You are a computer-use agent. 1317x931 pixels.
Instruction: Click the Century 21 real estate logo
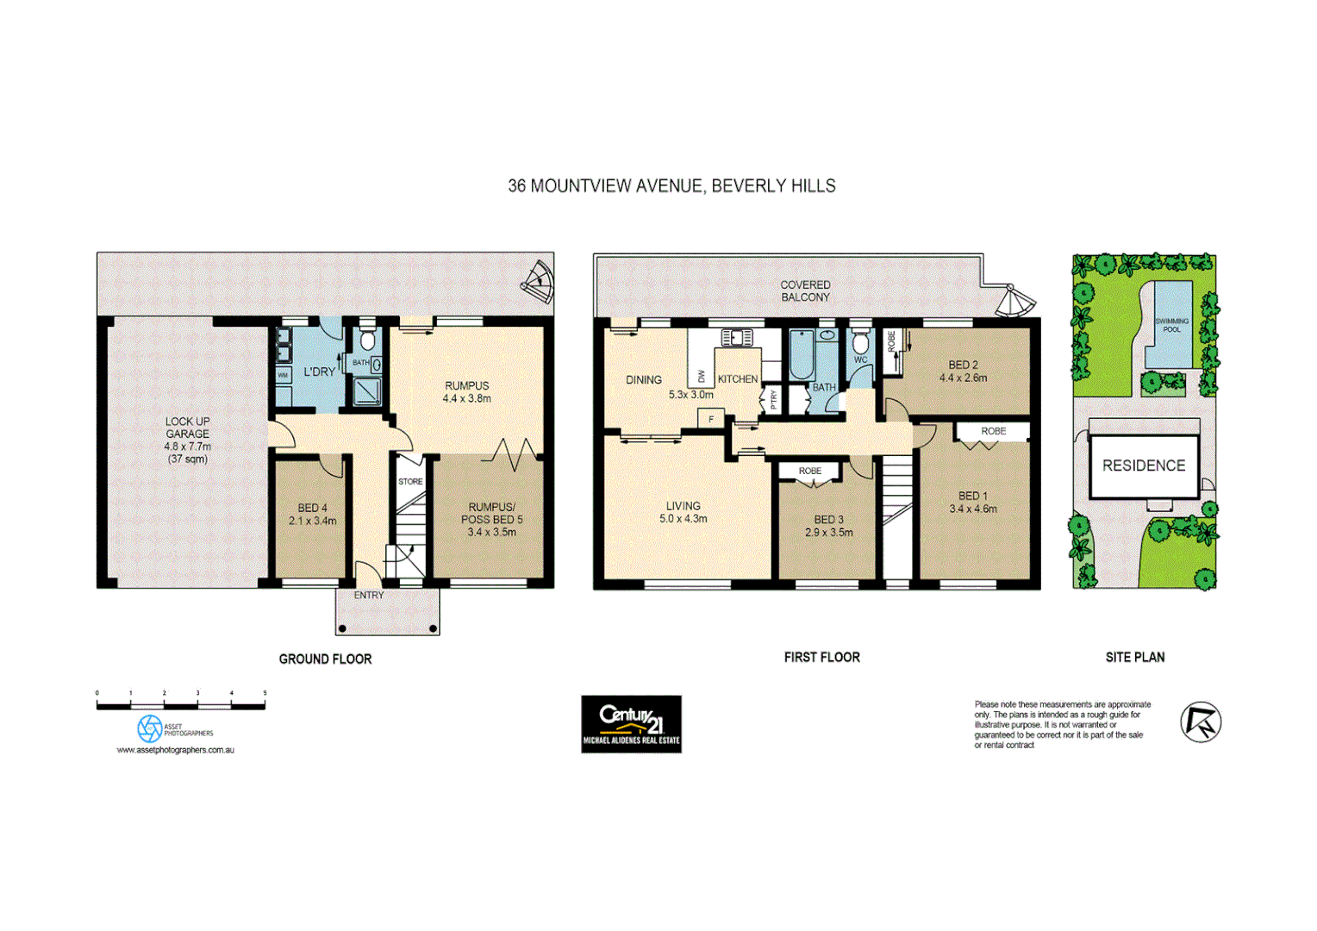point(631,723)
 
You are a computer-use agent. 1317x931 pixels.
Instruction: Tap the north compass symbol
point(1200,722)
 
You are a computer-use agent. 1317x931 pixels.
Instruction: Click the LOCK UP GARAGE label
point(188,428)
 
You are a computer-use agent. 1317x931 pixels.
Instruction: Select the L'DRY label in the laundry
point(319,372)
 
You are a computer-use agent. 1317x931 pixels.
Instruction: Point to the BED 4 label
point(312,509)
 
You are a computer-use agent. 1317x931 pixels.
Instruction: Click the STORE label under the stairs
point(410,482)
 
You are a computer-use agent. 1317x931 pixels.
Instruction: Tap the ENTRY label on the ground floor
point(369,596)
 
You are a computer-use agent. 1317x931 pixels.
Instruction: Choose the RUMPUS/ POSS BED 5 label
point(491,514)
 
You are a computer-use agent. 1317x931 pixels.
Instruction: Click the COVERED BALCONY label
point(805,291)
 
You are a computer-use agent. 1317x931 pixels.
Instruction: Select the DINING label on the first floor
point(644,380)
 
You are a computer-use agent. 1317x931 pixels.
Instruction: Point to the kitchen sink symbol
point(737,337)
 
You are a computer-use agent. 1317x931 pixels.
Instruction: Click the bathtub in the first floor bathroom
point(802,354)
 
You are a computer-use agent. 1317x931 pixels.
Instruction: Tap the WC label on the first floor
point(860,360)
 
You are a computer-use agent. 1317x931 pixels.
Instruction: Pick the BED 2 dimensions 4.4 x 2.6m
point(963,378)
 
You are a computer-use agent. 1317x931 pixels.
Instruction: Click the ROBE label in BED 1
point(993,431)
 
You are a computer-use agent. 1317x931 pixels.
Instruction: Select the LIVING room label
point(683,506)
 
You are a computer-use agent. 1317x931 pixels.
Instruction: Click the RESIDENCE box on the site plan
point(1144,466)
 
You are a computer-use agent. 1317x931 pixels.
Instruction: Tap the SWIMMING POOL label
point(1171,325)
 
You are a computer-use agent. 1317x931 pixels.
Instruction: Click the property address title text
point(671,186)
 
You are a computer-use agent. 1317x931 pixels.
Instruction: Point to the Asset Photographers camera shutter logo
point(150,728)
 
